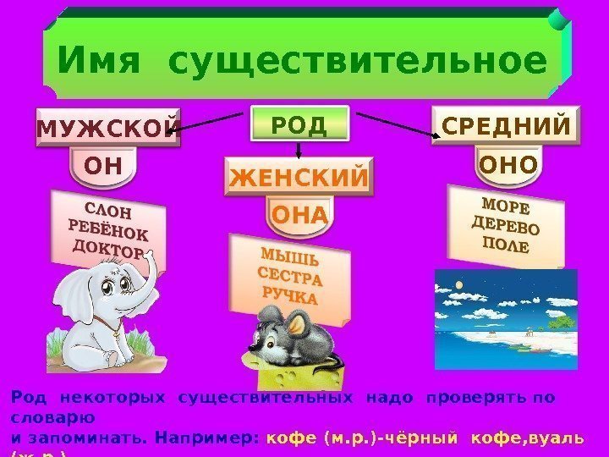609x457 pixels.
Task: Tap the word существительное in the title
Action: [357, 61]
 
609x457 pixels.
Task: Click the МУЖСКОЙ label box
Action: [107, 128]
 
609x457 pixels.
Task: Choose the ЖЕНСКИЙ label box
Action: [299, 179]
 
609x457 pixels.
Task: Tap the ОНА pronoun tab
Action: [299, 217]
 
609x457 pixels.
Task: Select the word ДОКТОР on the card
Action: [107, 249]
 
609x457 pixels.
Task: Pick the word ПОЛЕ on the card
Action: [504, 246]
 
